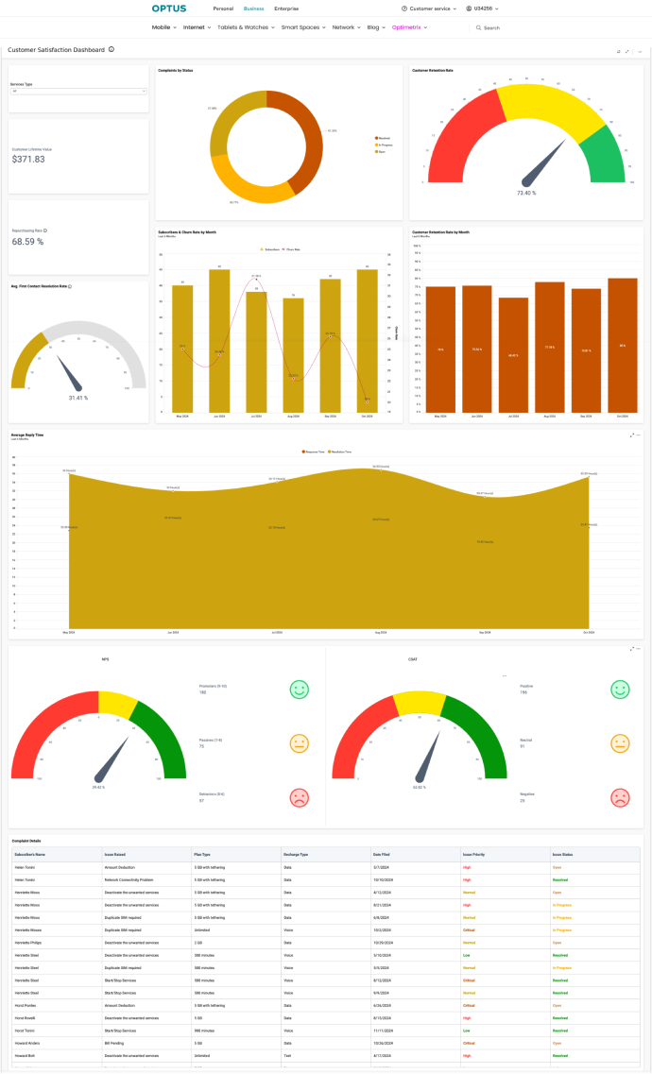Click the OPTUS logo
[169, 8]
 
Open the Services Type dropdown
[78, 91]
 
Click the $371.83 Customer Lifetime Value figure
[28, 160]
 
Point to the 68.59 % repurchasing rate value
[28, 242]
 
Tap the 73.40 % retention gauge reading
[526, 193]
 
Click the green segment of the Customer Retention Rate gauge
[606, 157]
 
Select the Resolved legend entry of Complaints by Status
[383, 137]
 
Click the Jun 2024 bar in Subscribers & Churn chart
[219, 340]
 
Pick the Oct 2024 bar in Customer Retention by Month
[622, 345]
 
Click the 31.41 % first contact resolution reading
[78, 398]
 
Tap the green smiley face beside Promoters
[299, 690]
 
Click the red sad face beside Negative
[620, 797]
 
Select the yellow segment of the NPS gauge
[118, 701]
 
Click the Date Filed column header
[384, 853]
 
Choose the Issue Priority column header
[473, 853]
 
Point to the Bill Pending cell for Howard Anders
[115, 1044]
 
